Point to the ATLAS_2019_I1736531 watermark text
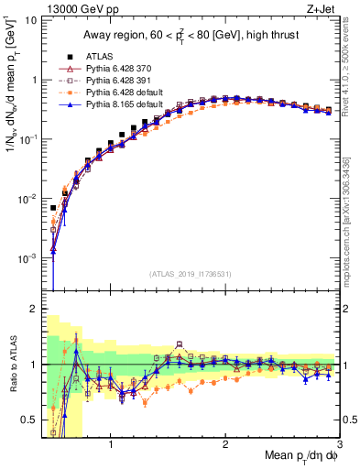tap(190, 274)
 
